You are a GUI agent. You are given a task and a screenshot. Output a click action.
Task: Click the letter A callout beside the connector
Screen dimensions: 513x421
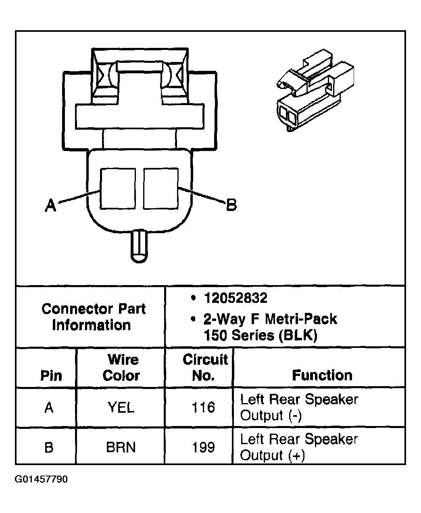(50, 206)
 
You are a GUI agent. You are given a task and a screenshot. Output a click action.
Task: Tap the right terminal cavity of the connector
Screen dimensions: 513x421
(160, 188)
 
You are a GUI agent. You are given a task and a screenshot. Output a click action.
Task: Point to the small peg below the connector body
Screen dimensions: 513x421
(138, 244)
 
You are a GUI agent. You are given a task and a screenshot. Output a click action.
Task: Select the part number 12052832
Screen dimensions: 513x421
(236, 298)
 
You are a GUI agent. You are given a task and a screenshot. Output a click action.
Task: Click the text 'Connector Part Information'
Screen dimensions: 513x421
(93, 317)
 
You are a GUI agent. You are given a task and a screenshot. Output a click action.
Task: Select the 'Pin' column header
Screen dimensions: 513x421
(51, 376)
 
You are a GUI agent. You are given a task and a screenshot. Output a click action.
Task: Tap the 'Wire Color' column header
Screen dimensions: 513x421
(121, 367)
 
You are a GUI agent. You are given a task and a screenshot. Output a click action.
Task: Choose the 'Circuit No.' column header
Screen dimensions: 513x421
(205, 367)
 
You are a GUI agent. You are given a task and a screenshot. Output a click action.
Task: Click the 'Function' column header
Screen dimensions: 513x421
(322, 375)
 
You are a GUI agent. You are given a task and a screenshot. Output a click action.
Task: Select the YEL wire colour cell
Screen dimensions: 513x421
(121, 408)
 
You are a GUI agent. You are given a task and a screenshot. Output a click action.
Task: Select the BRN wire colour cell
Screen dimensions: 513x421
(121, 447)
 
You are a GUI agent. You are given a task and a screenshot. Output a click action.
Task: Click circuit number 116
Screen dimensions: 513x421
(203, 408)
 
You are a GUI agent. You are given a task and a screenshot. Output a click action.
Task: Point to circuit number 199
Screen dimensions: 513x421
(203, 447)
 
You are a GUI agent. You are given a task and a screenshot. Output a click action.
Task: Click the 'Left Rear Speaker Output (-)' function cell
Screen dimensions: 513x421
(299, 407)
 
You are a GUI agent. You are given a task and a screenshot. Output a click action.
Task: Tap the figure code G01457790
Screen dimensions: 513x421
(42, 480)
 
